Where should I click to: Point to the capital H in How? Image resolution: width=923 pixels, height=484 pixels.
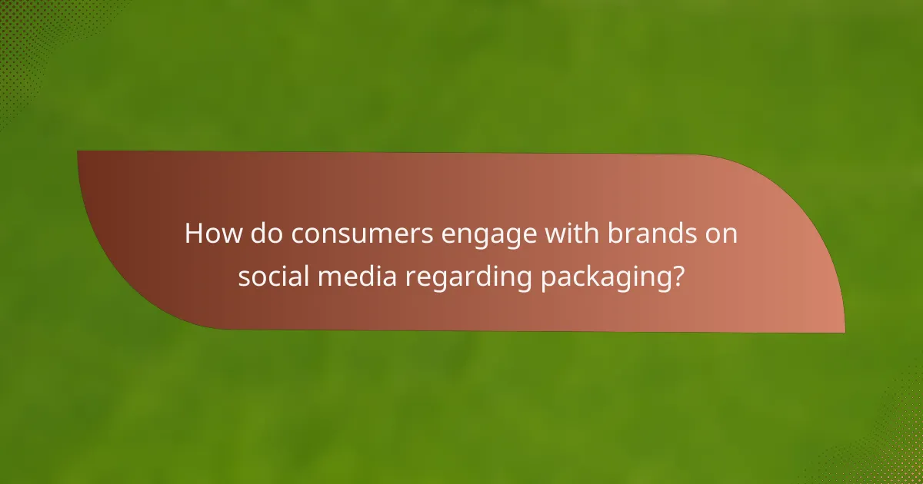coord(195,234)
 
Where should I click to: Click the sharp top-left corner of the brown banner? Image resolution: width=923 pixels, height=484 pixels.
coord(78,151)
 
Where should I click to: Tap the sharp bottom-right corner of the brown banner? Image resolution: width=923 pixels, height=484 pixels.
coord(844,332)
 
